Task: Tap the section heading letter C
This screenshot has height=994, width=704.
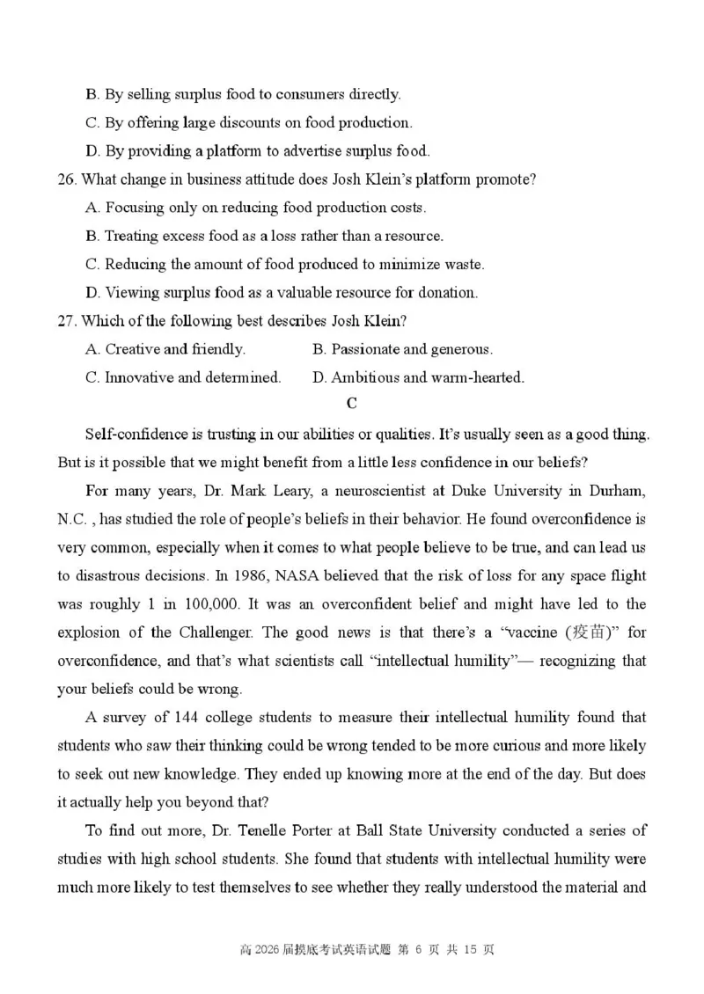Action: tap(352, 405)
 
